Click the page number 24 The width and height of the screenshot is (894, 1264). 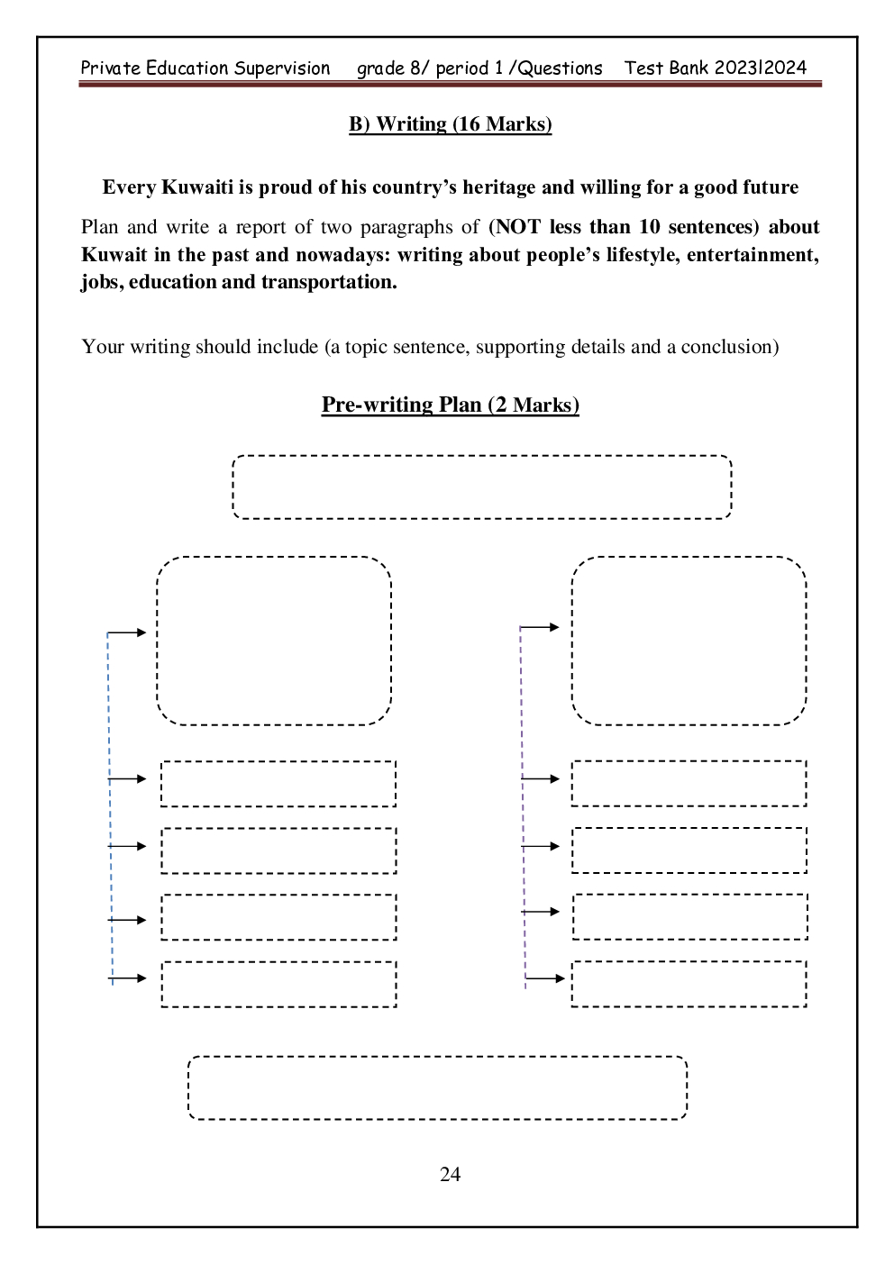tap(450, 1174)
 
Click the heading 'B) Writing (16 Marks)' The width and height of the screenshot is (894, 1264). tap(450, 124)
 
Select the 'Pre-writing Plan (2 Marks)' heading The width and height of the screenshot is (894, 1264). tap(450, 405)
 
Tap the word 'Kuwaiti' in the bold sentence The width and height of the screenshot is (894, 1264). tap(198, 187)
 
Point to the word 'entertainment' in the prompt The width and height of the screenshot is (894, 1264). tap(752, 255)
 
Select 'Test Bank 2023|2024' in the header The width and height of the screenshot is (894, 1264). tap(715, 68)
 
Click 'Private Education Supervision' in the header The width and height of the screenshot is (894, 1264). tap(205, 68)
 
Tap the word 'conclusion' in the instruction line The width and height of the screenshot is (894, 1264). tap(726, 347)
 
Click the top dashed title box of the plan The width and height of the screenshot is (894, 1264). tap(482, 487)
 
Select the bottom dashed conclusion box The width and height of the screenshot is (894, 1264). tap(437, 1087)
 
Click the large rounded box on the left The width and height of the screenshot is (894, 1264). tap(274, 641)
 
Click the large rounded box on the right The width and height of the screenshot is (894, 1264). tap(689, 641)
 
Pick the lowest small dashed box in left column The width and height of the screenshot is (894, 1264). tap(278, 984)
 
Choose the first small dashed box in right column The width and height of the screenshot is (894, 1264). tap(689, 784)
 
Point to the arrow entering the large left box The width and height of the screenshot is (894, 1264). tap(128, 632)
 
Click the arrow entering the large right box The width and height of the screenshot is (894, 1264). tap(541, 627)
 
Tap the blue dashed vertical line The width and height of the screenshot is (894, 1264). tap(110, 811)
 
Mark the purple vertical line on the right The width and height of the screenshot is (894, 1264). tap(523, 811)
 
